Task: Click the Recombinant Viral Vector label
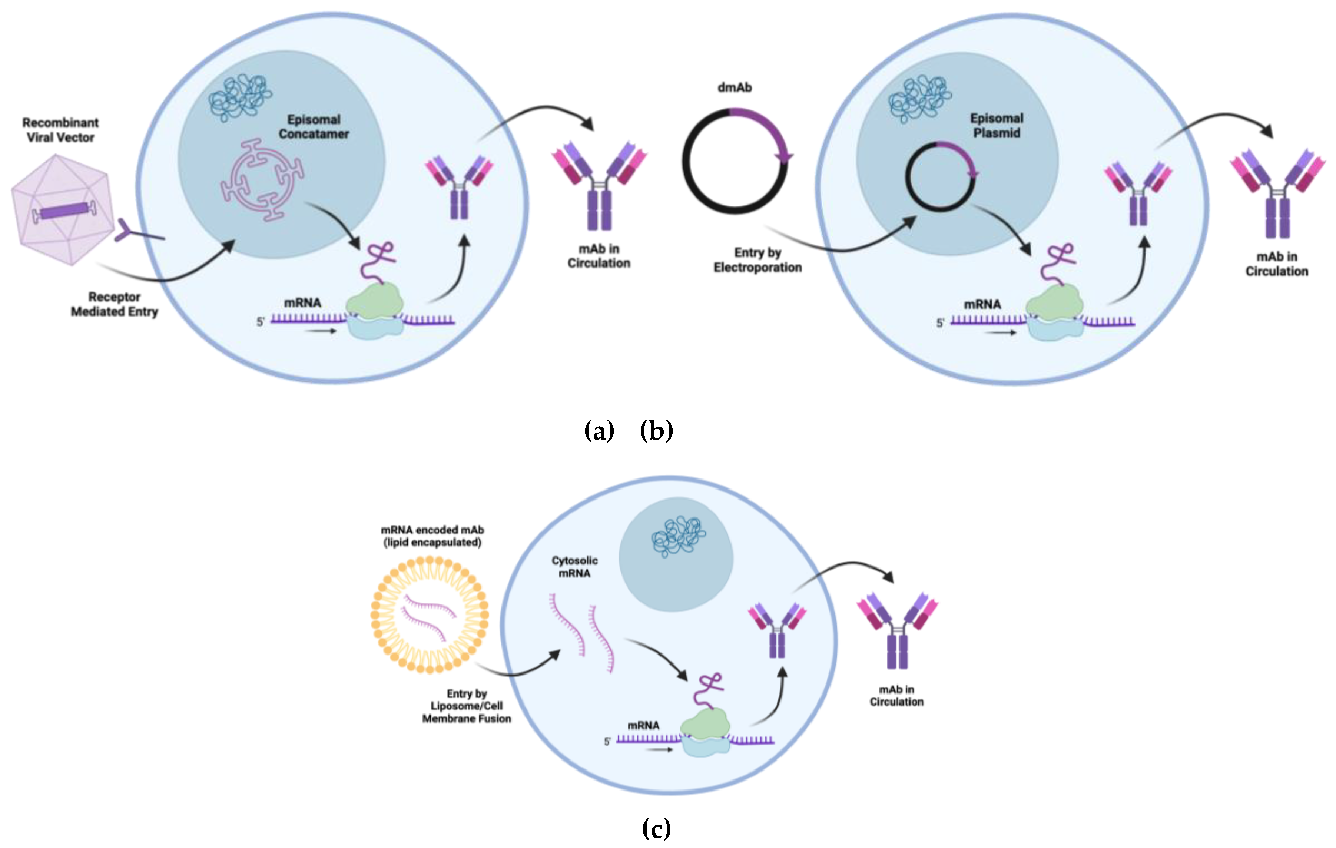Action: (x=60, y=130)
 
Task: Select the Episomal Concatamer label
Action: (x=314, y=126)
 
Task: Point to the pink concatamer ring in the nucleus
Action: (x=262, y=180)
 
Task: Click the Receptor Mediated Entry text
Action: (x=114, y=304)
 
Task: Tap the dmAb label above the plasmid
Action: (x=735, y=87)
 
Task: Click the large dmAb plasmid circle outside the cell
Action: (x=735, y=161)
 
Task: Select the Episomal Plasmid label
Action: (x=997, y=125)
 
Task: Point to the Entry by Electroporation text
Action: (x=757, y=260)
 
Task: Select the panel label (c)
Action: (x=656, y=829)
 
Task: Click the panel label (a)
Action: (x=599, y=431)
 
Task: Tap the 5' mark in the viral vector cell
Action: (x=260, y=322)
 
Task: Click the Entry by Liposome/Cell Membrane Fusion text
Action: (x=467, y=706)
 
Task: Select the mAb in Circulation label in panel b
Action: (x=1277, y=264)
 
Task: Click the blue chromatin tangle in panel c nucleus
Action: (x=678, y=536)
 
